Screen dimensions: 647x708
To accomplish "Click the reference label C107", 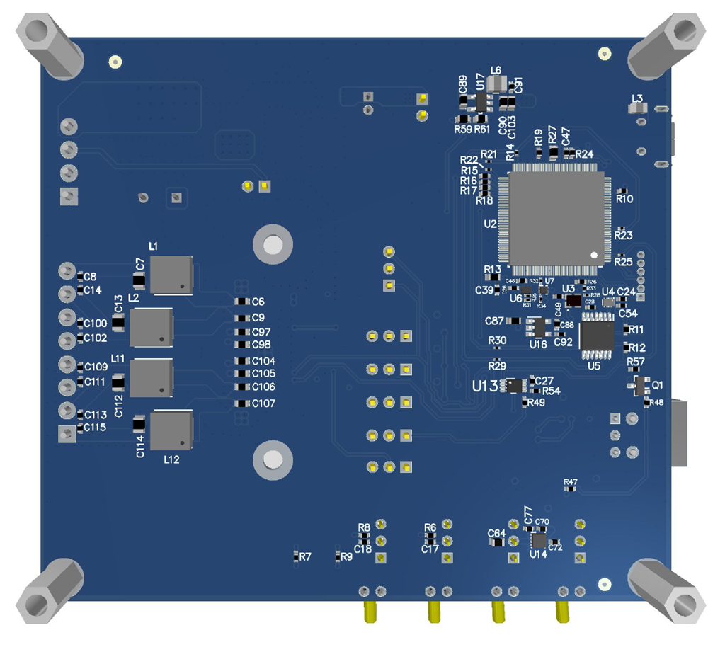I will coord(263,403).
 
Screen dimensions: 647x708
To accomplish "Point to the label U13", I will coord(486,386).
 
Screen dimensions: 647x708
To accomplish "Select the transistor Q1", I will coord(641,386).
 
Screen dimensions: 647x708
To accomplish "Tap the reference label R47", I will coord(571,482).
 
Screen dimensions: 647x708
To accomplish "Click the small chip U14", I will coord(539,540).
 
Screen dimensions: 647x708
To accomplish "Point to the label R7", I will coord(305,558).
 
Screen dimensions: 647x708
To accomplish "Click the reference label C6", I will coord(258,302).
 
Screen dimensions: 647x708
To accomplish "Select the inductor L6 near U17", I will coord(496,84).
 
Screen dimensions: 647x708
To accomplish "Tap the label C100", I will coord(96,323).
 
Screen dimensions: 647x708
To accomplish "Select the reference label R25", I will coord(623,262).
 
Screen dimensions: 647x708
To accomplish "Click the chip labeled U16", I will coord(538,327).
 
